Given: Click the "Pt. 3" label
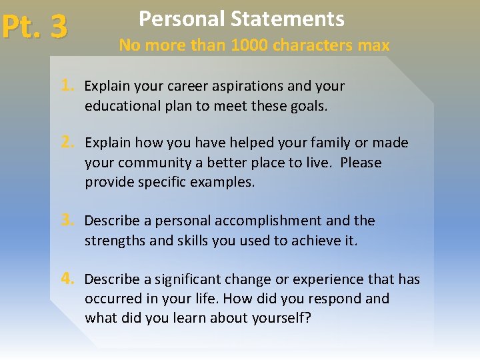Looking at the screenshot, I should click(x=34, y=27).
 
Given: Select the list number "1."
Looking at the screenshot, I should click(x=67, y=86).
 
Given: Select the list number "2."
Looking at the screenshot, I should click(x=67, y=143).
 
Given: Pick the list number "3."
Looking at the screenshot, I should click(x=67, y=221).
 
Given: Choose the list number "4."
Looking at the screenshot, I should click(x=67, y=279).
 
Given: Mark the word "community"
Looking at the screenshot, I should click(x=155, y=163).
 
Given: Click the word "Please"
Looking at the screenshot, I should click(x=360, y=163).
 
